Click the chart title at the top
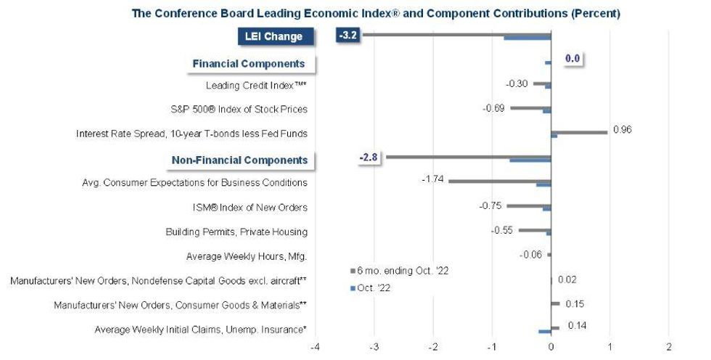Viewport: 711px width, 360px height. (x=377, y=13)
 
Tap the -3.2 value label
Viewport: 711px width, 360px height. (x=349, y=33)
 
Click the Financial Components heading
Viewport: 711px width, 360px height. (x=248, y=64)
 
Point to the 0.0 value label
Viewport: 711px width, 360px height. (x=573, y=59)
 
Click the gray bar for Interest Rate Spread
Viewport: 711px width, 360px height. (x=579, y=132)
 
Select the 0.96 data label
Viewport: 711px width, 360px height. (x=622, y=130)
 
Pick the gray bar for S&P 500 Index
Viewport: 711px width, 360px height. (x=530, y=107)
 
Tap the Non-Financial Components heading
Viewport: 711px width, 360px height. (x=239, y=160)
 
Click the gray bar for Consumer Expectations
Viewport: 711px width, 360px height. (x=500, y=181)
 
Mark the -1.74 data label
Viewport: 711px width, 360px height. (x=433, y=179)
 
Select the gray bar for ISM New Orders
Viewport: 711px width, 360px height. (x=529, y=206)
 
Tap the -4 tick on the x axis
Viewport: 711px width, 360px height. (x=315, y=347)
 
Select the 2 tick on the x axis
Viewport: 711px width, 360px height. (x=669, y=347)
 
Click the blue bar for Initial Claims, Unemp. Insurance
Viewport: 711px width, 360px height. (x=545, y=331)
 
